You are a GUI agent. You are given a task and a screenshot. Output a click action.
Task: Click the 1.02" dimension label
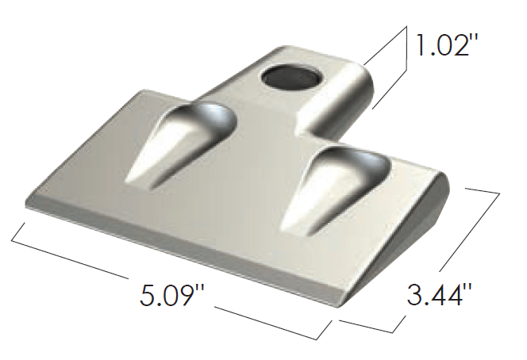tap(444, 44)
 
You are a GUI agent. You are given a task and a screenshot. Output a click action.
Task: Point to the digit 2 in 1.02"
tap(460, 44)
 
